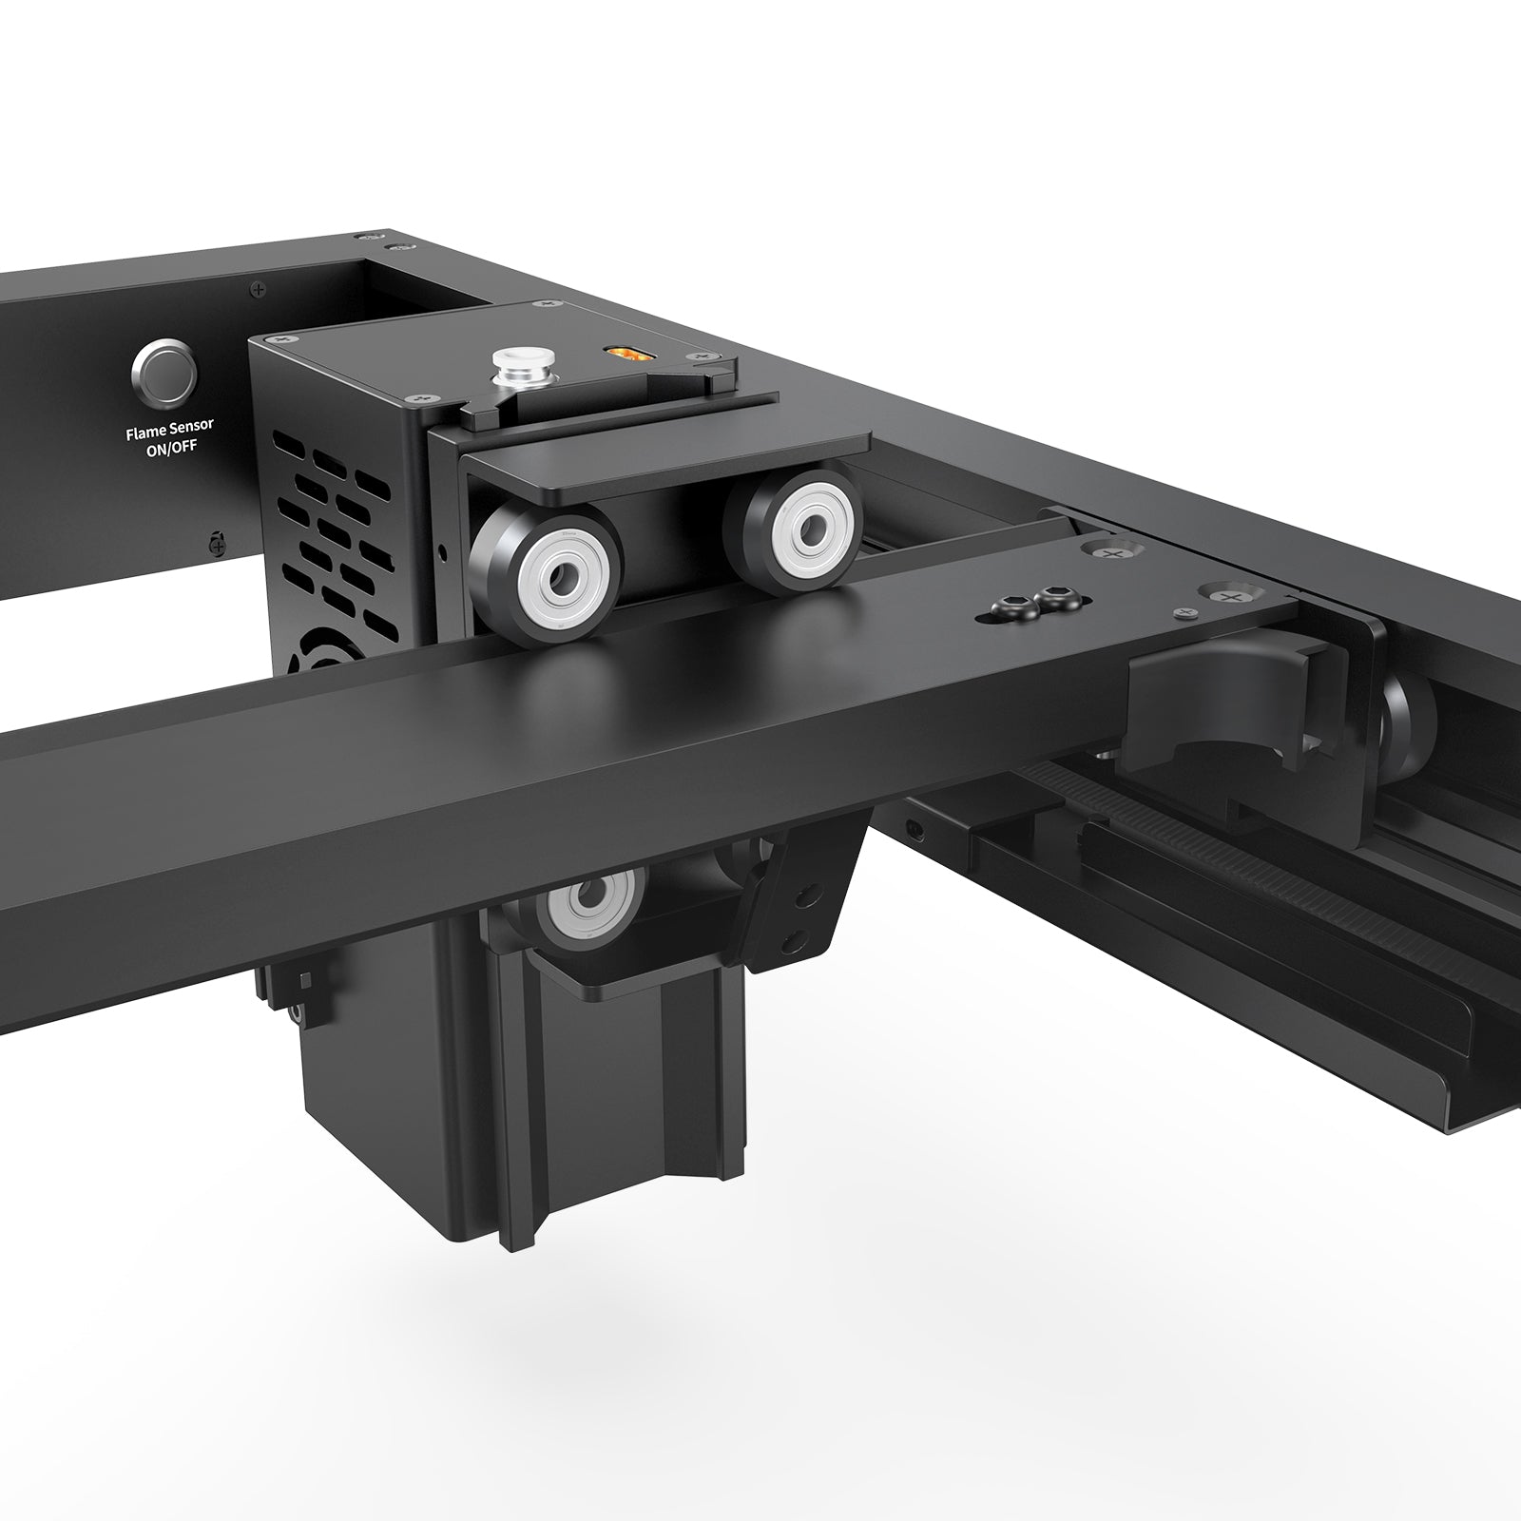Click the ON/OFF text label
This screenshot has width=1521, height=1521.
171,449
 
